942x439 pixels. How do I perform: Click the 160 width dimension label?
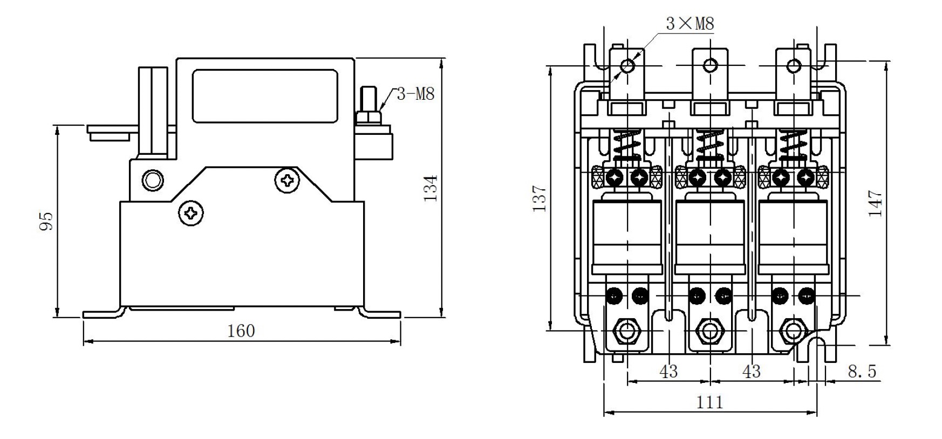pos(241,331)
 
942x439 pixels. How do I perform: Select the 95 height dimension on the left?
pos(47,221)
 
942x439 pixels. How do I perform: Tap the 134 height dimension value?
pos(430,188)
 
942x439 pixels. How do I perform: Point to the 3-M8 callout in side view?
pos(415,94)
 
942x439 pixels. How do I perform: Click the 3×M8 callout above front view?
pos(690,24)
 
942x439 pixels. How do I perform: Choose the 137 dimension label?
pos(540,198)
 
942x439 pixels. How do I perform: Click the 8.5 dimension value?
pos(862,371)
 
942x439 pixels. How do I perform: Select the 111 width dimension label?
pos(709,402)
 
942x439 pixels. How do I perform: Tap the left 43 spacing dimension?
pos(668,371)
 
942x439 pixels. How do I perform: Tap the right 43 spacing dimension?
pos(751,371)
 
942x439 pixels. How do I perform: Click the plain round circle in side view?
pos(153,180)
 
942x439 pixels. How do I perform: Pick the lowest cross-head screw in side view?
pos(192,214)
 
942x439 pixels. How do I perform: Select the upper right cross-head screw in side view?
pos(286,180)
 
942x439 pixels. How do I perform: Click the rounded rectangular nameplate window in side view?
pos(265,96)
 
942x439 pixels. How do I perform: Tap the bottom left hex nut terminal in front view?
pos(626,331)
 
